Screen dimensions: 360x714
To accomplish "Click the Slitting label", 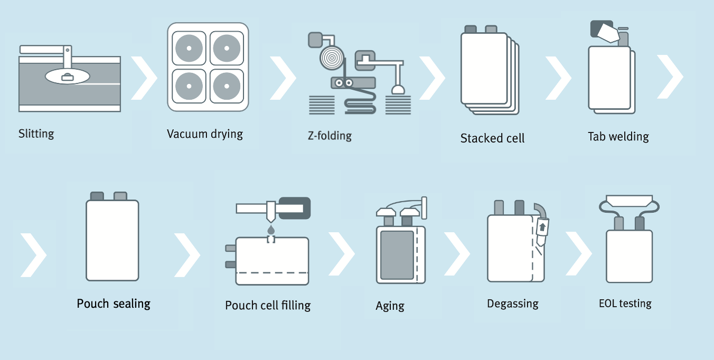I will pyautogui.click(x=36, y=133).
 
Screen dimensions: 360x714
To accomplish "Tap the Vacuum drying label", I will pyautogui.click(x=205, y=134).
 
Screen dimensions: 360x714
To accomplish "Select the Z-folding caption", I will pyautogui.click(x=330, y=136).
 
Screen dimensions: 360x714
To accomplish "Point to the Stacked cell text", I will pyautogui.click(x=492, y=138).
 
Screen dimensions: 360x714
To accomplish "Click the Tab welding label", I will pyautogui.click(x=618, y=137).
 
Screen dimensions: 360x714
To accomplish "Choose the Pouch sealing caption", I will pyautogui.click(x=114, y=304).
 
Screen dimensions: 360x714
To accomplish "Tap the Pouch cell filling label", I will pyautogui.click(x=268, y=305).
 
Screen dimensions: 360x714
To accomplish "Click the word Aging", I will pyautogui.click(x=390, y=306).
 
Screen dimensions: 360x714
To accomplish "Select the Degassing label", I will pyautogui.click(x=512, y=304).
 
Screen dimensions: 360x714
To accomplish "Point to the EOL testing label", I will pyautogui.click(x=625, y=303).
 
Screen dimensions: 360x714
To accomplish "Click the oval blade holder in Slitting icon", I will pyautogui.click(x=68, y=77).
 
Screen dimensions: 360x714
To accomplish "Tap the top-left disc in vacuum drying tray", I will pyautogui.click(x=188, y=48).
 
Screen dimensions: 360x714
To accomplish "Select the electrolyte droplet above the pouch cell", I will pyautogui.click(x=271, y=230).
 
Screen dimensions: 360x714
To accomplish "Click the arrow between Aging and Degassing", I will pyautogui.click(x=457, y=253).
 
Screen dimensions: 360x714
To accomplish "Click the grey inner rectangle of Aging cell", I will pyautogui.click(x=397, y=255).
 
